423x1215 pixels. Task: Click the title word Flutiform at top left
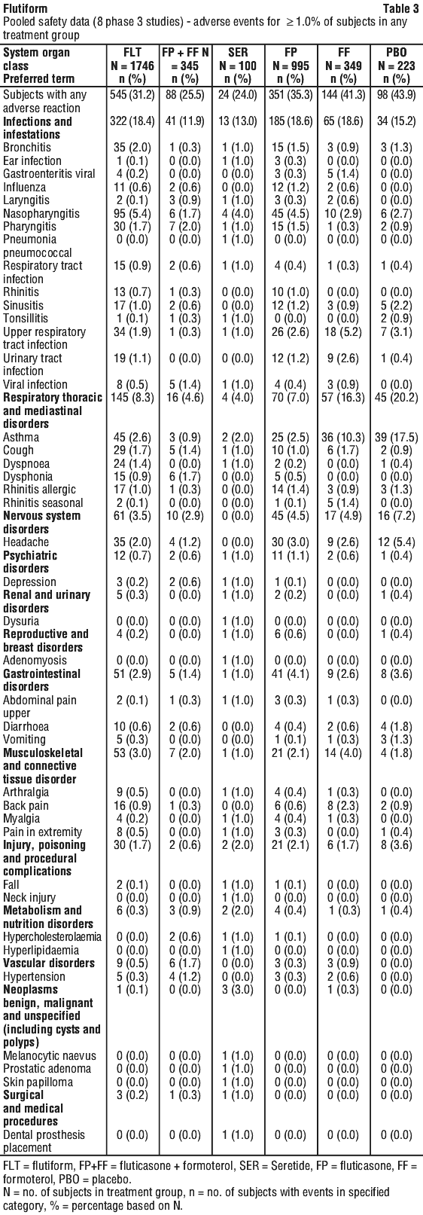point(25,8)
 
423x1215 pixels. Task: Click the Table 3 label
point(400,8)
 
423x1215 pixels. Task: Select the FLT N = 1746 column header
point(132,66)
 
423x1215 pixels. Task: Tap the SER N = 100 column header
point(238,66)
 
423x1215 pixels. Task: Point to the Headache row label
point(26,542)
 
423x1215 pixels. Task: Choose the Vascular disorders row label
point(49,963)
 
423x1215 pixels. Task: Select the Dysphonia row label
point(28,477)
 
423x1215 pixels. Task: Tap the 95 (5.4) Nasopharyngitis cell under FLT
point(132,214)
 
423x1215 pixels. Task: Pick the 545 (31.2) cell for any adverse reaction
point(132,95)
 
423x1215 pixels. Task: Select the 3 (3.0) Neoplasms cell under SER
point(238,990)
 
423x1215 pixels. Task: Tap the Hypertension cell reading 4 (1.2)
point(185,977)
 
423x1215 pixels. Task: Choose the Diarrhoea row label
point(26,727)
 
